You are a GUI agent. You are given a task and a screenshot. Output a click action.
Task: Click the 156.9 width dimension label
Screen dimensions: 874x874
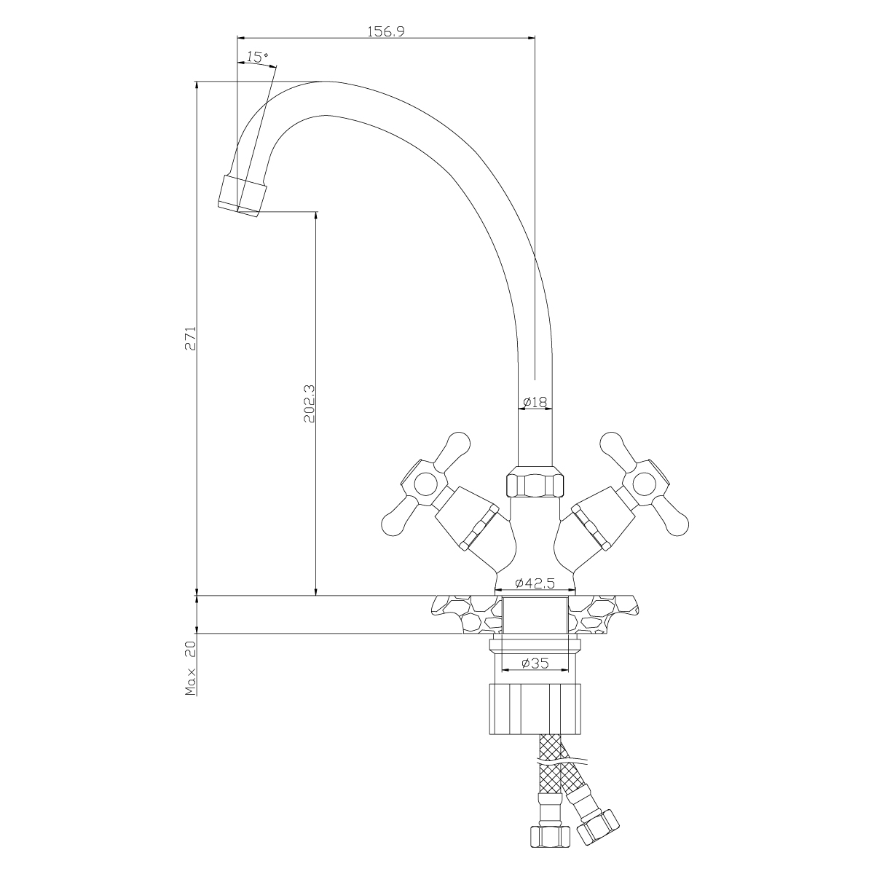pos(385,31)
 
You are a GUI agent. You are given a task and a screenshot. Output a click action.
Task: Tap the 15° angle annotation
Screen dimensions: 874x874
pos(257,57)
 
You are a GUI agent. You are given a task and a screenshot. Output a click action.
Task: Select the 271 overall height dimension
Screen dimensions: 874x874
pos(192,338)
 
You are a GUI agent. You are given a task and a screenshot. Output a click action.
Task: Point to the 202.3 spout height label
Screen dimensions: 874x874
pos(310,404)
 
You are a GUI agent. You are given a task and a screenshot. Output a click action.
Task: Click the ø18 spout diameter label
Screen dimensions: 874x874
pos(535,401)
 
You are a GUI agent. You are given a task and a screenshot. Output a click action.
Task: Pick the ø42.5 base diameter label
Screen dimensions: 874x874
pos(535,583)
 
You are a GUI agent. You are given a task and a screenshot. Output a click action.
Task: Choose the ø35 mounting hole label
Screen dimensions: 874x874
pos(535,663)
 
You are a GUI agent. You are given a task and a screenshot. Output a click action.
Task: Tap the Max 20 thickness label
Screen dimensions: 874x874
pos(191,668)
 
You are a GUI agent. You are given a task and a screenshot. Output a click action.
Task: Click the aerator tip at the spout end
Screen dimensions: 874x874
pos(241,196)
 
